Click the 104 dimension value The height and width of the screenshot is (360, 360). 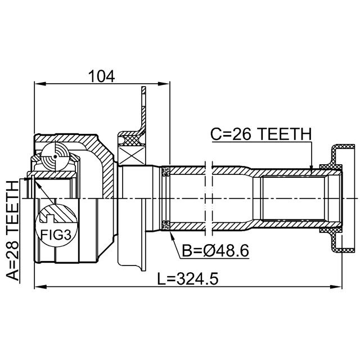click(101, 76)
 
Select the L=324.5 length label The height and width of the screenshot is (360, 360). click(188, 278)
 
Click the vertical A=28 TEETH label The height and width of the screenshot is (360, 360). click(12, 230)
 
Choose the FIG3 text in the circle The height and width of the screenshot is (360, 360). click(56, 235)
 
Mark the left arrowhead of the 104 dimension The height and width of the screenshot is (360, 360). click(40, 84)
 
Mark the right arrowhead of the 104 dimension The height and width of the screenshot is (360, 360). click(164, 84)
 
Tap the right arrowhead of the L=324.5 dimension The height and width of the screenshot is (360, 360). click(336, 287)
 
